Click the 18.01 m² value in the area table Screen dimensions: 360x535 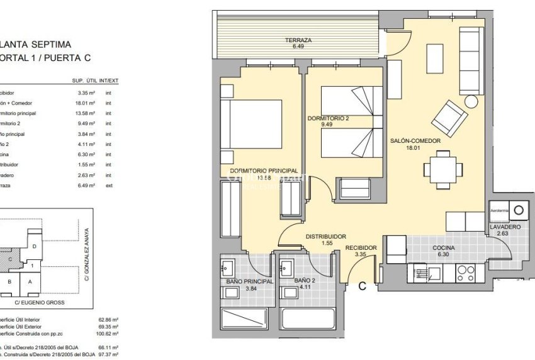(84, 103)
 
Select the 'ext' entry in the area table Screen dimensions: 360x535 (109, 186)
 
